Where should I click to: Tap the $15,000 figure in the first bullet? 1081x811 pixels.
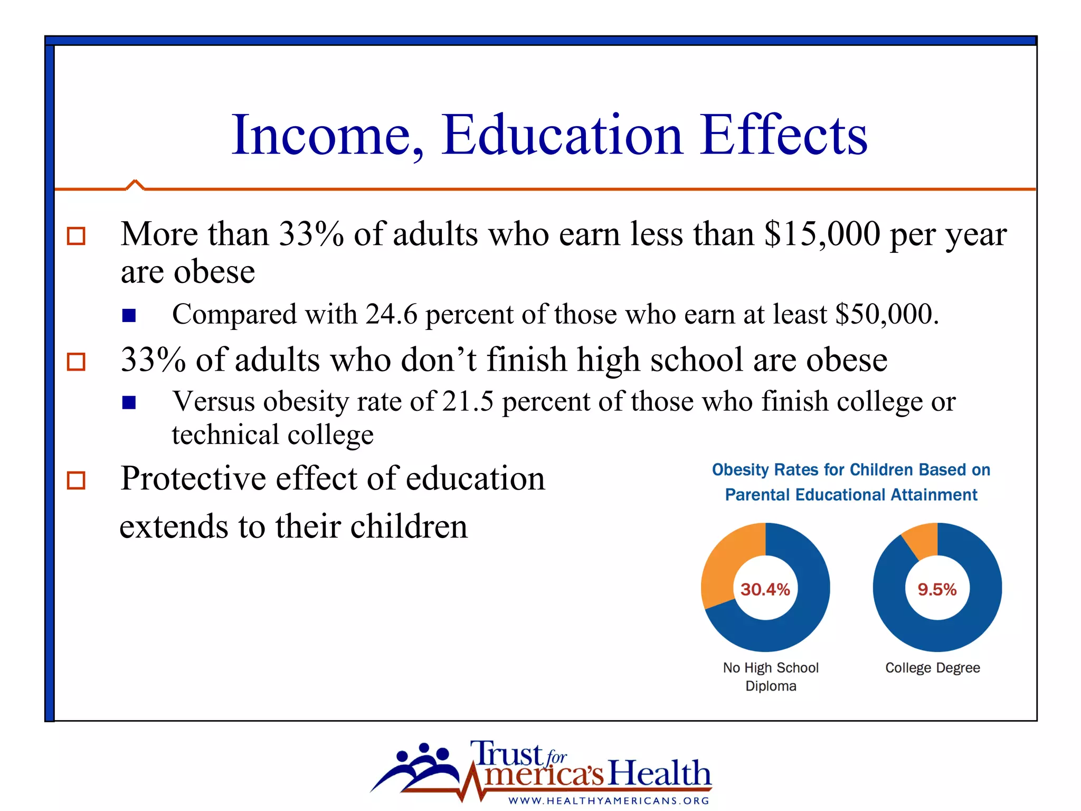822,234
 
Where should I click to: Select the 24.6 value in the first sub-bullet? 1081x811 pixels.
391,314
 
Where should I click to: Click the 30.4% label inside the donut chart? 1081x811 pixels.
765,589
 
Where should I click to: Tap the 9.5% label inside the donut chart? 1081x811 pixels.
937,589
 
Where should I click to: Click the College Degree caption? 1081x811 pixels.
932,668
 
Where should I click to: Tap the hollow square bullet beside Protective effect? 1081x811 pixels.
76,480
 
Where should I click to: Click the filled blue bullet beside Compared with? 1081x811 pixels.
129,316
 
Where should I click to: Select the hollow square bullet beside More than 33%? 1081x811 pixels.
76,236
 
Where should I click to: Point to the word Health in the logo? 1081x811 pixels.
660,773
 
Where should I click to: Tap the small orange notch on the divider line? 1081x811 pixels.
135,184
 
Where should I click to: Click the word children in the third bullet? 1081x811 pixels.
409,527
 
